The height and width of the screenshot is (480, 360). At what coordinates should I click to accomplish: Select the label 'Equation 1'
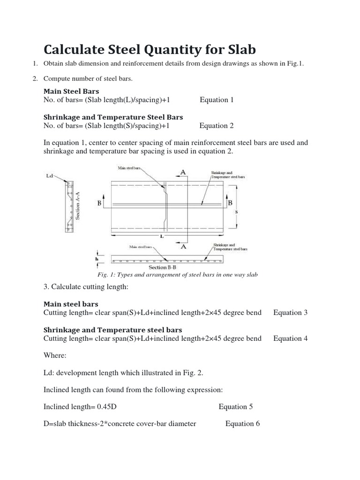pos(216,100)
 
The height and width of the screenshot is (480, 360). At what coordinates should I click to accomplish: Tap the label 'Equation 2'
pos(216,126)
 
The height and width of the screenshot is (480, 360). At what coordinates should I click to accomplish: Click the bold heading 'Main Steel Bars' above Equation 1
pos(71,91)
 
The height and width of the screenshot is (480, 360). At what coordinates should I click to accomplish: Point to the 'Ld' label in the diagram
pos(50,176)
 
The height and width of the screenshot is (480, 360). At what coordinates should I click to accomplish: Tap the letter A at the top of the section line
pos(183,172)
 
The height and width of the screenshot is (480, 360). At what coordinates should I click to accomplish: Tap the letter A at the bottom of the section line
pos(183,246)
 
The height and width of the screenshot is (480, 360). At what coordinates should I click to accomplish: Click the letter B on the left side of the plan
pos(99,203)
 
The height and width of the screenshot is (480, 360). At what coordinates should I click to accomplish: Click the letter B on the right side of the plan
pos(230,203)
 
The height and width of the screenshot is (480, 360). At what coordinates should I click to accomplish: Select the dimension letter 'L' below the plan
pos(162,236)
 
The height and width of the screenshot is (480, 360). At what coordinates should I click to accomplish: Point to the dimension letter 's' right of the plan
pos(236,211)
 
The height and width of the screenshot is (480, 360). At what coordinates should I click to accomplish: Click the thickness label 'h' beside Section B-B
pos(97,258)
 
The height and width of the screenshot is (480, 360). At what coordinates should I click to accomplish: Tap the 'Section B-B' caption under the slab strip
pos(161,267)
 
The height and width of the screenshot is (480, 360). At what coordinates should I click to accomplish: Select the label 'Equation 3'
pos(291,313)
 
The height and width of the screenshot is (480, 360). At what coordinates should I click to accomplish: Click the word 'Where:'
pos(55,356)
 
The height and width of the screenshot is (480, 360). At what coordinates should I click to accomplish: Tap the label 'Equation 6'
pos(242,424)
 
